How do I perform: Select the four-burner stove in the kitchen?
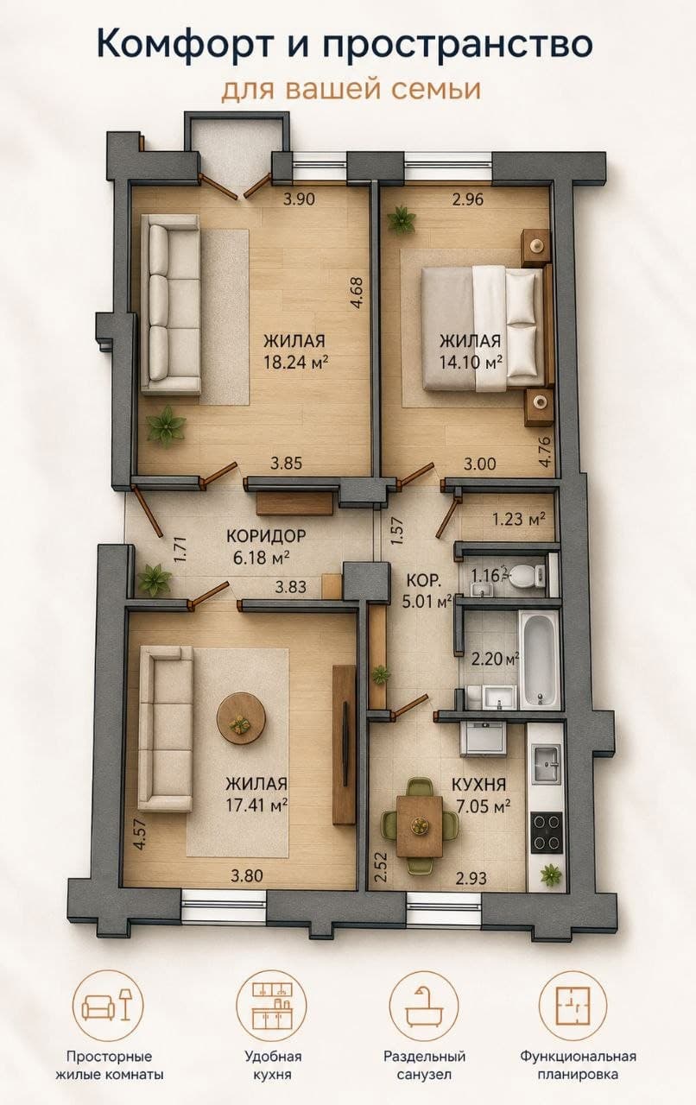click(x=547, y=833)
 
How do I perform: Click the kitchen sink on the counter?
click(x=546, y=765)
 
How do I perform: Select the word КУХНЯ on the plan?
click(x=478, y=785)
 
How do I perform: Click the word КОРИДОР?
click(x=266, y=536)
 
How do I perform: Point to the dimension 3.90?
click(x=299, y=199)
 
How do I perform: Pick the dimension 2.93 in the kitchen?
click(x=471, y=879)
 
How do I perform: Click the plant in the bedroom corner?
click(x=401, y=218)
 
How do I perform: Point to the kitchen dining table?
click(x=420, y=826)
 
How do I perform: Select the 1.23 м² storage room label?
click(x=519, y=519)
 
